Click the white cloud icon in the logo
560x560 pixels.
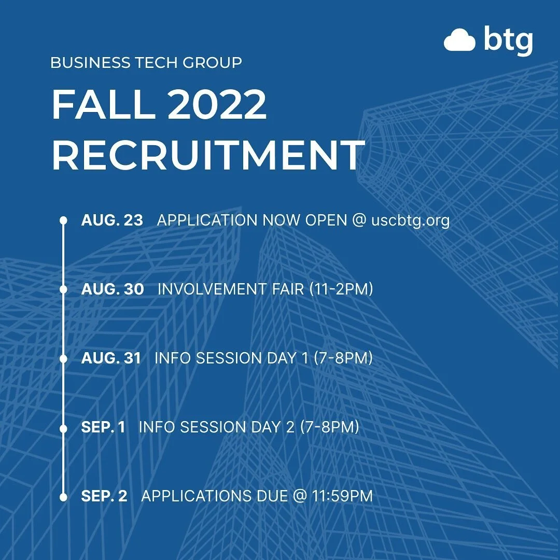pos(459,40)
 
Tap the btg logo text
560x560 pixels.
pos(508,40)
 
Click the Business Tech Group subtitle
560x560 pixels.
pos(146,63)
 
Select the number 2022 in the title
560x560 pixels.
pos(217,105)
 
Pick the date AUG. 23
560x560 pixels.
pos(112,220)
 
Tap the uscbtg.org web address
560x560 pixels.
pos(411,220)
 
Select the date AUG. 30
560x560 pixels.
pos(113,289)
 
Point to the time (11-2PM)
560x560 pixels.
pos(341,289)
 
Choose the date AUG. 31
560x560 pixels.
pos(111,358)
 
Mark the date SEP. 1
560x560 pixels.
pos(103,427)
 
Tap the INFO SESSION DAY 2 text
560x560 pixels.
pos(218,427)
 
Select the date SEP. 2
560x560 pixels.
pos(104,496)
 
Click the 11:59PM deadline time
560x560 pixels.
pos(342,496)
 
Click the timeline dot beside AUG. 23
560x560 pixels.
pos(63,220)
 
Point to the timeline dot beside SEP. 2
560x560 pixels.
pos(63,496)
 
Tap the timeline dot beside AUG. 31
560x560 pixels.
pos(63,358)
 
